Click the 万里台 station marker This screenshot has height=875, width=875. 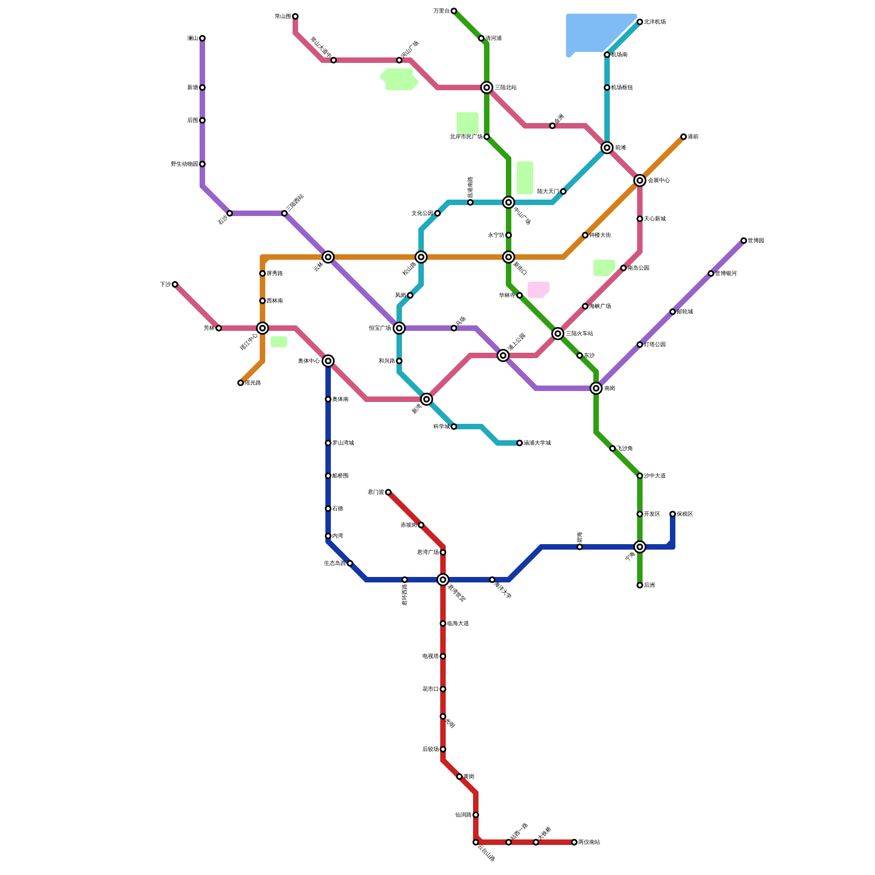tap(454, 11)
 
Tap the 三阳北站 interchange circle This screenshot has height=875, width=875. tap(487, 87)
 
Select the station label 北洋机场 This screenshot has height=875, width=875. tap(655, 22)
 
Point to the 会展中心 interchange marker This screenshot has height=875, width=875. tap(640, 180)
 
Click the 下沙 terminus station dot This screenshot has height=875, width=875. tap(175, 284)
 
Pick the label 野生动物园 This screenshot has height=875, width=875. tap(184, 164)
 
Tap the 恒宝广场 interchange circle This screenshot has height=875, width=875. tap(399, 328)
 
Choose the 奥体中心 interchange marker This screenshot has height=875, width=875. tap(328, 361)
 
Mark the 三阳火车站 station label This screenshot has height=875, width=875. tap(579, 334)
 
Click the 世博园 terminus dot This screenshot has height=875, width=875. tap(744, 241)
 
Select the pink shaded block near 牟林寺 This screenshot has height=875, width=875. tap(538, 289)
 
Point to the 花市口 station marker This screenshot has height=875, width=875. tap(443, 689)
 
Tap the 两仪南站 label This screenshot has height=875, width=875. tap(589, 842)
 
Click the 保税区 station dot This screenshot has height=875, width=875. tap(673, 514)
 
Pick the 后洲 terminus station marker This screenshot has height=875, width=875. tap(640, 585)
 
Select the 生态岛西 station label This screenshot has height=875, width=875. tap(335, 563)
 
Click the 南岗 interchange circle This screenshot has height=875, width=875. tap(596, 388)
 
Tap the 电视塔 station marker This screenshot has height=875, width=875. tap(443, 656)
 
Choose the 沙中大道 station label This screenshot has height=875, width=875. tap(655, 476)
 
